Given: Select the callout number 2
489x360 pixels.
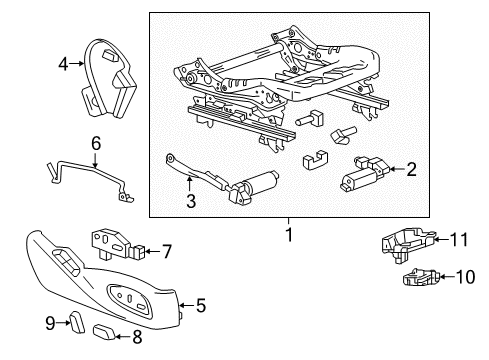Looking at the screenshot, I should coord(410,170).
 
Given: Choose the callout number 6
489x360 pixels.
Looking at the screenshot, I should coord(96,144).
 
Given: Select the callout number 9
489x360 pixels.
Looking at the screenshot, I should coord(49,322).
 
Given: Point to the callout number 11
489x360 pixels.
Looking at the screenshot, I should coord(459,240).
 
